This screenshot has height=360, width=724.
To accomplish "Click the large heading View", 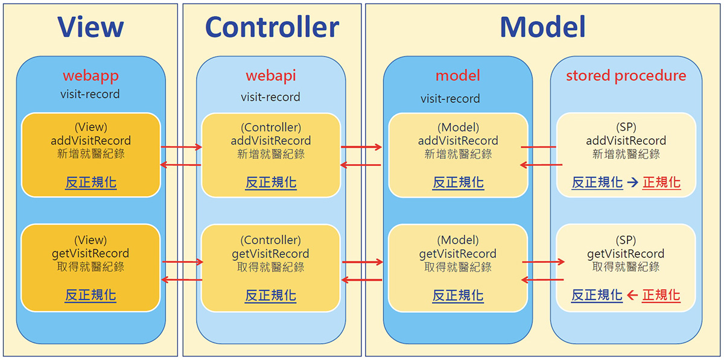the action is (91, 27).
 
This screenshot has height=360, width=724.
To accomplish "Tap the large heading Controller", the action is (272, 27).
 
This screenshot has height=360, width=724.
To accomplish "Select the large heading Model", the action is (542, 27).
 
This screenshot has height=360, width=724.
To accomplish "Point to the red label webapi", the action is (271, 76).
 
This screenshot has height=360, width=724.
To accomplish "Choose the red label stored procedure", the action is (626, 76).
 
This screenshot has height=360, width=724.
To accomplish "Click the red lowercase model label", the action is (458, 75).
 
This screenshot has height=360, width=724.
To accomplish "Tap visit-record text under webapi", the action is (270, 97).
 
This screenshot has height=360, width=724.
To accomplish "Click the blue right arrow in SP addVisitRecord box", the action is (632, 183).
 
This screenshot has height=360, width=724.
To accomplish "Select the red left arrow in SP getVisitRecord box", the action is (632, 295).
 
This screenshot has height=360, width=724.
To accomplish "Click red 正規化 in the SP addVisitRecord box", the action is (661, 183).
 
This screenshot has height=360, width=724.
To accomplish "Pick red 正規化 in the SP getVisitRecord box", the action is (661, 295).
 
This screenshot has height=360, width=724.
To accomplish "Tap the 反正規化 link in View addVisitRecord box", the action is (91, 183).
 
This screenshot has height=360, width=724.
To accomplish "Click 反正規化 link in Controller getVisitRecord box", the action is (270, 295).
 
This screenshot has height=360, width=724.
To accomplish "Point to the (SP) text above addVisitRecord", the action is (626, 127).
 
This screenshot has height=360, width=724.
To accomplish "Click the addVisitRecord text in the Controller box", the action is (271, 141).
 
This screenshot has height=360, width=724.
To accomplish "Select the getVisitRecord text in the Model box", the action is (458, 254).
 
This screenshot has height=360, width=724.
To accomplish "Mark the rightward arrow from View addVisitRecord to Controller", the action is (182, 147).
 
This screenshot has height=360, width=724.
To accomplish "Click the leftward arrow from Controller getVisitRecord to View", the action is (182, 280).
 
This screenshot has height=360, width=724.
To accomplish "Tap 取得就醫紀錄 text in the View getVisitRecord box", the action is (91, 267).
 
